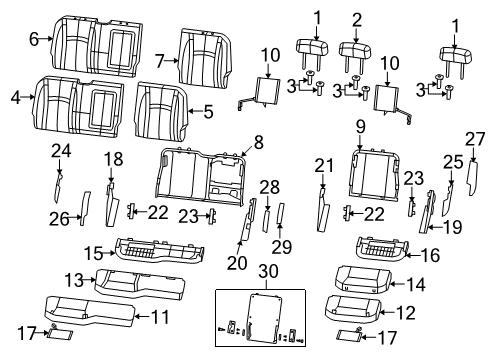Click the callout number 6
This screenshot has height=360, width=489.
[34, 39]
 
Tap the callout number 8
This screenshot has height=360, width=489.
[258, 142]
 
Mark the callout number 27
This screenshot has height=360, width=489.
[475, 138]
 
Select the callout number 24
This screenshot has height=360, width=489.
[62, 151]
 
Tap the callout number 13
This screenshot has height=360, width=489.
[72, 277]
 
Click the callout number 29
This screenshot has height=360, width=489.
[280, 246]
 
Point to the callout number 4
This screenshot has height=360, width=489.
[15, 97]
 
